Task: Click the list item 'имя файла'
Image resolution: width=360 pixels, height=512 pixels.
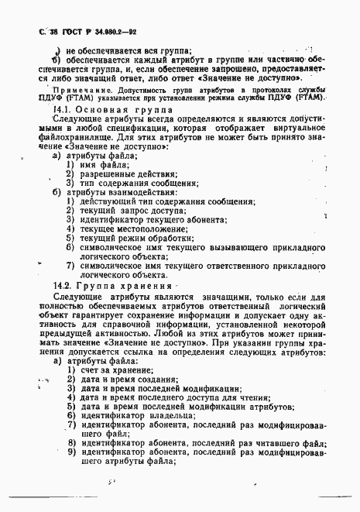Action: tap(103, 165)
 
